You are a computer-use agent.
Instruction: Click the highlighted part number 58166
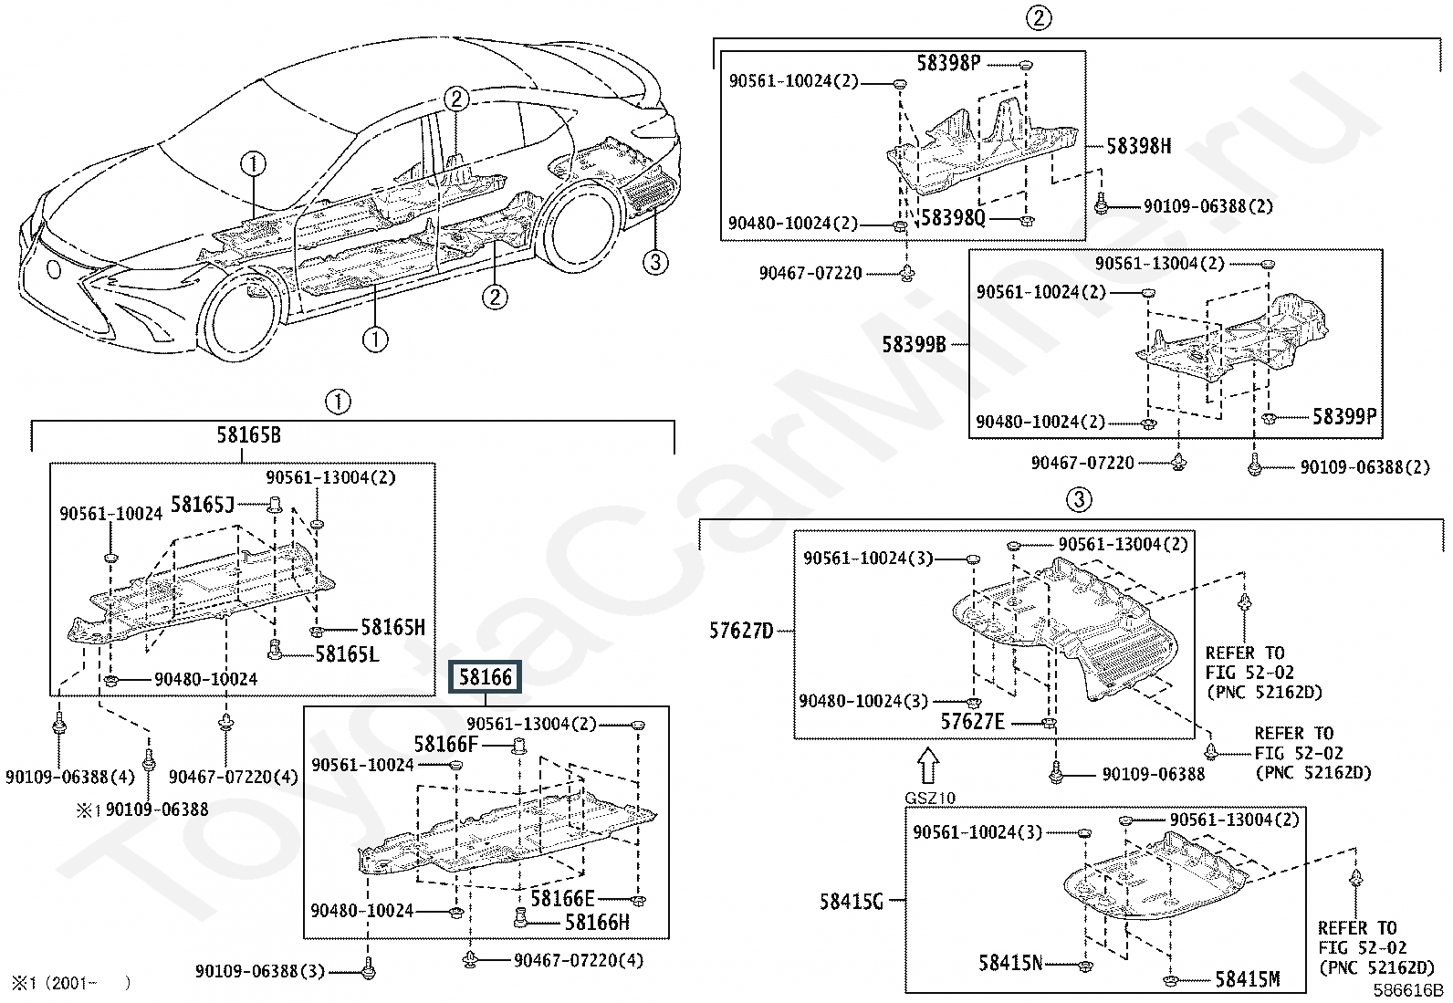(x=486, y=677)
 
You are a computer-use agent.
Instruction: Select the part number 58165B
(x=248, y=435)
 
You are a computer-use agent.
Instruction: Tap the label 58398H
(x=1138, y=146)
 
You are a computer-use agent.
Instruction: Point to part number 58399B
(x=914, y=345)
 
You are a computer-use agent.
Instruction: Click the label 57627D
(x=740, y=631)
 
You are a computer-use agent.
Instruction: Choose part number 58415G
(x=851, y=902)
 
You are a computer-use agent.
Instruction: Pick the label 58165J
(x=203, y=505)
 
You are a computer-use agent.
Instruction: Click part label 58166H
(x=597, y=923)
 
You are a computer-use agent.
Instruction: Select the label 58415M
(x=1247, y=980)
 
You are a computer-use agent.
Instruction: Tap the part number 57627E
(x=972, y=722)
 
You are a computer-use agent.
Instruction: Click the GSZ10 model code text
(x=929, y=799)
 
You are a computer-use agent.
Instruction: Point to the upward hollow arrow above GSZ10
(x=927, y=766)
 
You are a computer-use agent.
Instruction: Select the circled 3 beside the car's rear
(x=654, y=263)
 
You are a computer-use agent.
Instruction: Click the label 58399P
(x=1343, y=417)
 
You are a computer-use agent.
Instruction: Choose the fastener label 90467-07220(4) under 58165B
(x=234, y=778)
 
